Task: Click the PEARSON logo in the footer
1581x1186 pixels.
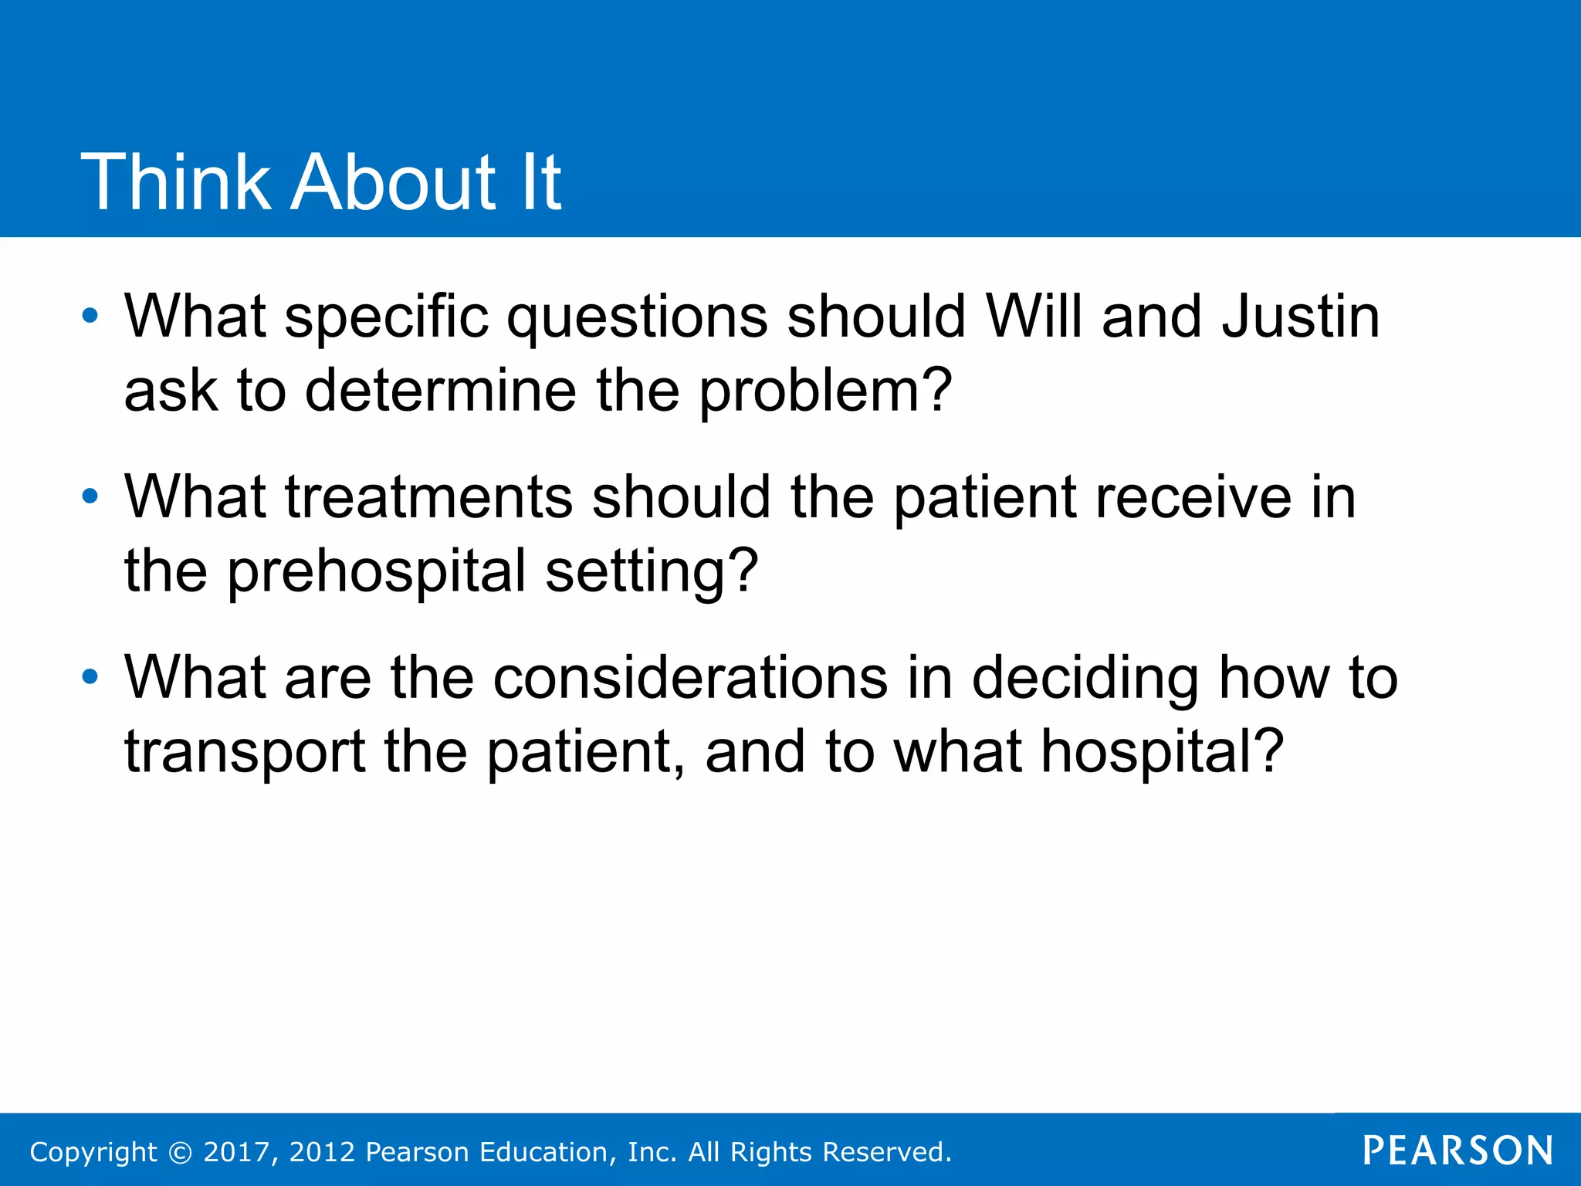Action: (1457, 1150)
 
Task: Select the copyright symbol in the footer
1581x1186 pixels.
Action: (180, 1152)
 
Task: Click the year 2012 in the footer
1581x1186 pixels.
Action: (322, 1152)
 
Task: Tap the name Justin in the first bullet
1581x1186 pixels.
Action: (1301, 317)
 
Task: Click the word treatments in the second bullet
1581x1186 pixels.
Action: (429, 496)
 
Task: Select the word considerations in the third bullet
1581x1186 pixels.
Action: (690, 678)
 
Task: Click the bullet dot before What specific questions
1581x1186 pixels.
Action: (90, 316)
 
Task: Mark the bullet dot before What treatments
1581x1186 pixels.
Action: (90, 496)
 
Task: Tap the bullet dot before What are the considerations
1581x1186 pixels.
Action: (90, 677)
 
